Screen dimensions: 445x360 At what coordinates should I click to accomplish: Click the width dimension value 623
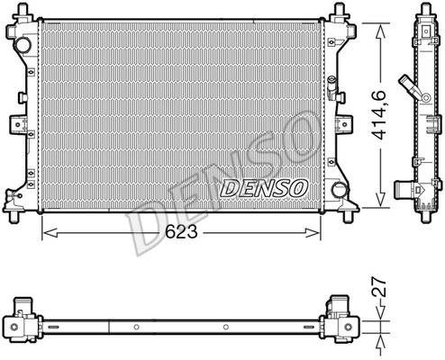click(x=182, y=231)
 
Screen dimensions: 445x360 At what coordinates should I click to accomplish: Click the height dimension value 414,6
click(x=379, y=115)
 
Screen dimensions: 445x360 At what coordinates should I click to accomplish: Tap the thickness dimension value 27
click(x=379, y=287)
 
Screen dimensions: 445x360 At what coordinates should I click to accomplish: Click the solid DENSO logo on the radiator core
click(x=264, y=188)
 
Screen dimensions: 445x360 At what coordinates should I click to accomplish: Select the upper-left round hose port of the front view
click(x=23, y=45)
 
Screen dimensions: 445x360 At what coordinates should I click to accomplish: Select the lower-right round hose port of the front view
click(x=340, y=189)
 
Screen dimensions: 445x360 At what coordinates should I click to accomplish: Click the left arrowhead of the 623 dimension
click(x=50, y=232)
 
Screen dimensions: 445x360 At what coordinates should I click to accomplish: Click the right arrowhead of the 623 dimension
click(x=313, y=232)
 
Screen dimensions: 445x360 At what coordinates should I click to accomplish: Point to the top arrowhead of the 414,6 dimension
click(x=380, y=31)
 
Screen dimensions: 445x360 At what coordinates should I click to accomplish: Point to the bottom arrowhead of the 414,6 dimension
click(x=380, y=199)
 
